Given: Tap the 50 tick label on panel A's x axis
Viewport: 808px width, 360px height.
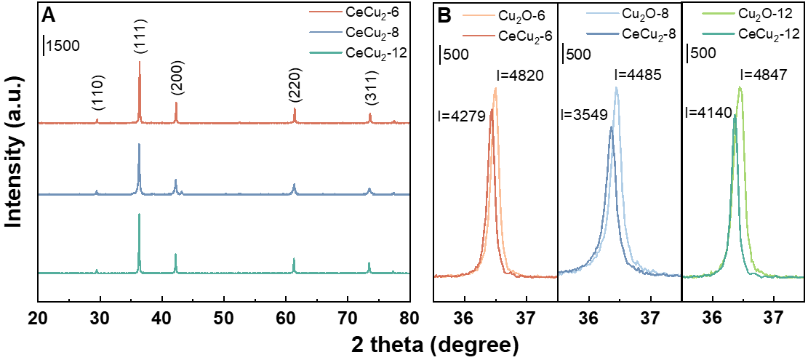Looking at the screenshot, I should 224,318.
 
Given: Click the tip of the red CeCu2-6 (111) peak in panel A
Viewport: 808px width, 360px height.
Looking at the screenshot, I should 140,63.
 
